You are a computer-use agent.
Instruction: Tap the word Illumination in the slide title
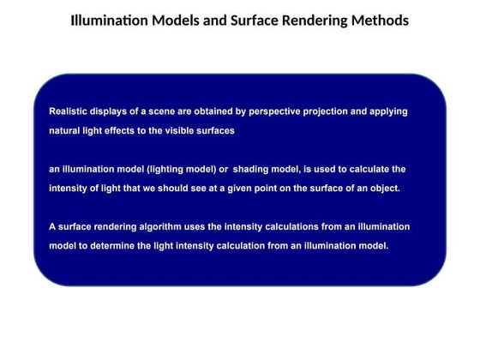pyautogui.click(x=110, y=20)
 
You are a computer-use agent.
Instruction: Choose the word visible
pyautogui.click(x=186, y=131)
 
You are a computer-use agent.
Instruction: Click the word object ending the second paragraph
pyautogui.click(x=382, y=189)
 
